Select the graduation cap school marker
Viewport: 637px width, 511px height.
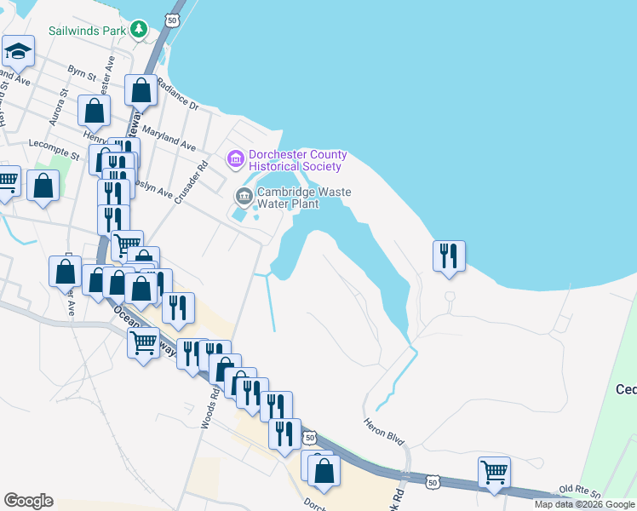coord(17,53)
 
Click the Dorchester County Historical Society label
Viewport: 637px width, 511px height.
coord(297,160)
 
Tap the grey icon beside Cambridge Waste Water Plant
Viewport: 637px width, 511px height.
coord(244,198)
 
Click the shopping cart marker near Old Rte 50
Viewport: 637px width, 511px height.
coord(494,472)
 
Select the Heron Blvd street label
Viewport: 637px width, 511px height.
coord(383,432)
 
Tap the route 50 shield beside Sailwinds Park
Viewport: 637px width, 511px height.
coord(173,19)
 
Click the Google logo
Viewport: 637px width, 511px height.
coord(28,501)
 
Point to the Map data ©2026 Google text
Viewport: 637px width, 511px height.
coord(585,504)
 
